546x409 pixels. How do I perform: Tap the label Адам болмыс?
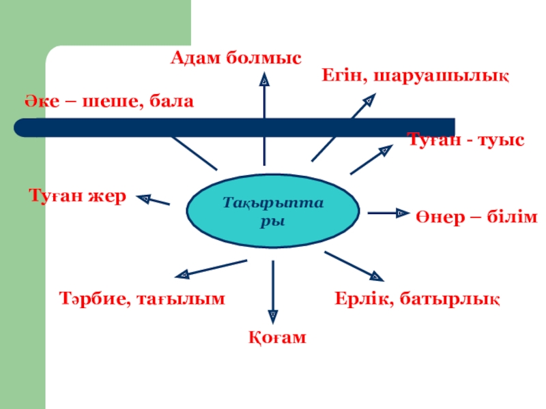(235, 59)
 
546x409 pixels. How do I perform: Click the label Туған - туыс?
(466, 140)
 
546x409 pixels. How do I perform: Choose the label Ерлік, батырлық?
(417, 298)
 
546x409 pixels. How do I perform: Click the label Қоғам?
(276, 337)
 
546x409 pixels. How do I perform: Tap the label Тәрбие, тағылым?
(142, 298)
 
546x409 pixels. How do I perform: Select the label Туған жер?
(77, 196)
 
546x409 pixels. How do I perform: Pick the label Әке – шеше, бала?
(110, 101)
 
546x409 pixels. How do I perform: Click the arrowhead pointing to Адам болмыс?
(265, 80)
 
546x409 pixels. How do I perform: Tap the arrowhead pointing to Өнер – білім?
(402, 213)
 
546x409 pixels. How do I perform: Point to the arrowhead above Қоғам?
(273, 315)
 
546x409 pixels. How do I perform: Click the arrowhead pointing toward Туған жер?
(144, 198)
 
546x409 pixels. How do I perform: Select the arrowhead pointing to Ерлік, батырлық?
(376, 276)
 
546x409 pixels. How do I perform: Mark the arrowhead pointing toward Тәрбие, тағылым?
(182, 275)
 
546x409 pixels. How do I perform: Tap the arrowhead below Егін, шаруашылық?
(368, 100)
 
